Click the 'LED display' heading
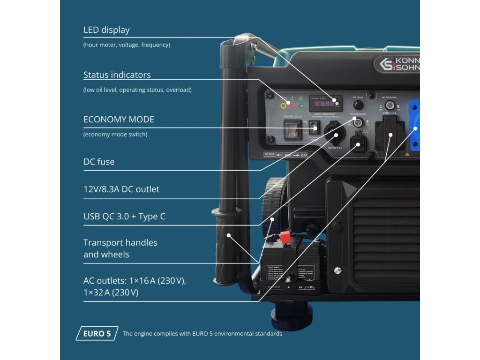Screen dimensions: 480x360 coord(106,30)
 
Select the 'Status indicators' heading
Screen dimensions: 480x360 coord(117,75)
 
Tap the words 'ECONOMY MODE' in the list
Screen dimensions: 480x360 coord(119,119)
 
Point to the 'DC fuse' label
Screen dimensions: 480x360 coord(99,162)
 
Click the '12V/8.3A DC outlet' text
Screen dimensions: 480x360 coord(121,189)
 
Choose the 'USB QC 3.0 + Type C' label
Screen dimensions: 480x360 coord(124,217)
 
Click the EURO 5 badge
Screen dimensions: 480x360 coord(97,334)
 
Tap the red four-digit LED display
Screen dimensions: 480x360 coord(324,104)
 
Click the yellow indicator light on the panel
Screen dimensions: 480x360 coord(283,106)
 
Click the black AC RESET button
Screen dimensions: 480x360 coord(358,105)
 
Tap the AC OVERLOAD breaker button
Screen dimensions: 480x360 coord(389,105)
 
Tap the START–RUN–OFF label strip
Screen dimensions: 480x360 coord(282,155)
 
